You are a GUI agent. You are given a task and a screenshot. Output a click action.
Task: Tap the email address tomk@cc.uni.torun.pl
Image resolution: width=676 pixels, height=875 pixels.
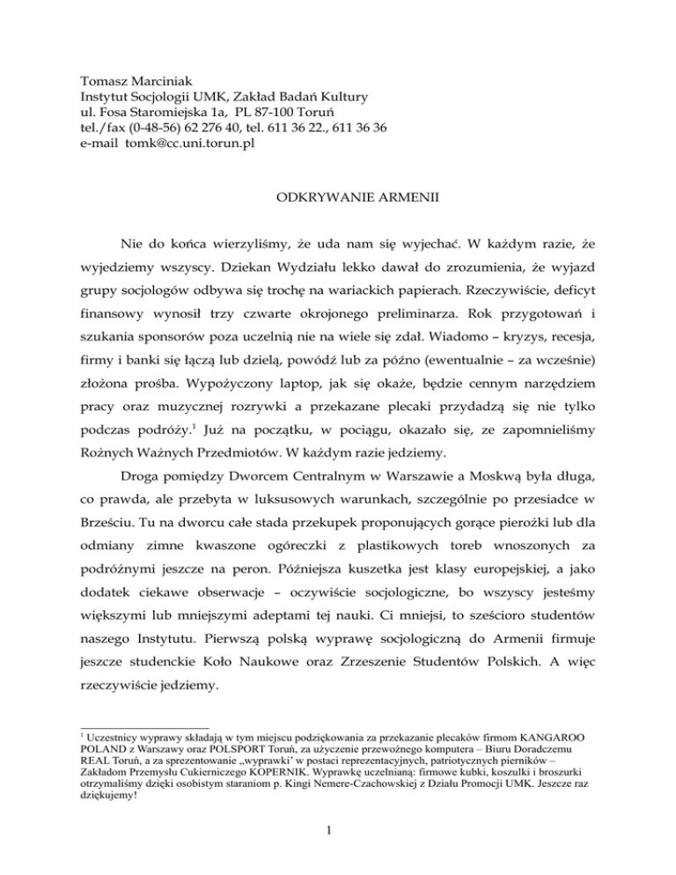pos(178,144)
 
